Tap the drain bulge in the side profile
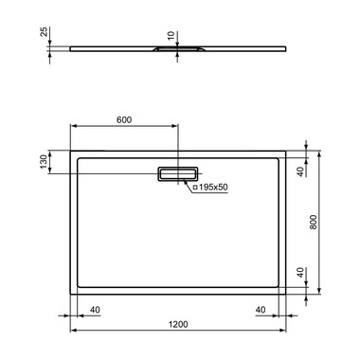pyautogui.click(x=176, y=49)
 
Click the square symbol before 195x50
pyautogui.click(x=195, y=189)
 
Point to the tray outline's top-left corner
pyautogui.click(x=72, y=149)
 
